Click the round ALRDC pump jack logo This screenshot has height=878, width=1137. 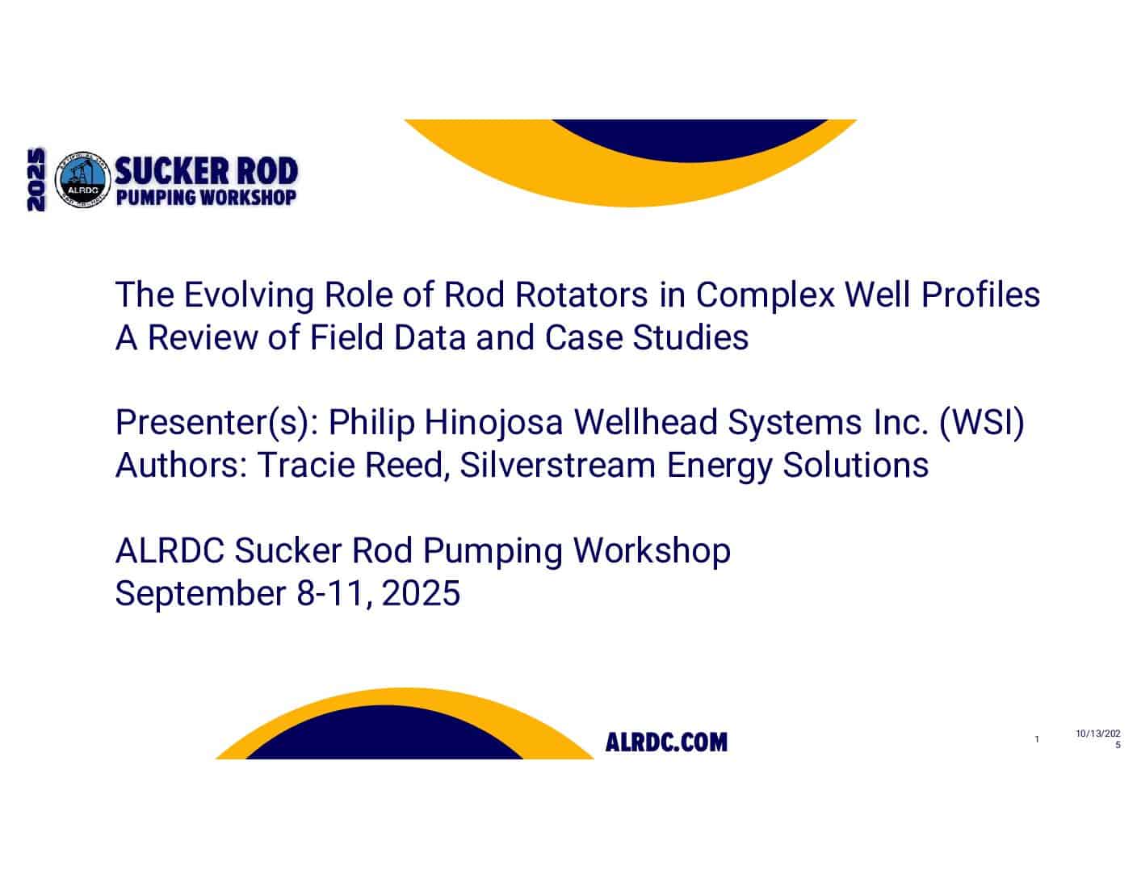[x=82, y=180]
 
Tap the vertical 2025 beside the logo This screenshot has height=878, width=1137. [x=36, y=179]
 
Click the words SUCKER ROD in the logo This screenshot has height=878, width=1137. [x=206, y=170]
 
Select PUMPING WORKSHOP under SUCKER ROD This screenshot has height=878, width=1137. [x=206, y=197]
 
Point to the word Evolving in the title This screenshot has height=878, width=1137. [x=249, y=295]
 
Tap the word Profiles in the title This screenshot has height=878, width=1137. [x=980, y=295]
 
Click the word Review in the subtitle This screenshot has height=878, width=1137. [x=203, y=337]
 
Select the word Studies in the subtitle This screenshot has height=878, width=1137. [x=690, y=337]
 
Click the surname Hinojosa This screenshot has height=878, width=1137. [x=493, y=422]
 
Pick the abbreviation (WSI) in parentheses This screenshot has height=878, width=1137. [x=982, y=422]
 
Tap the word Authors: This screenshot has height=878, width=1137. [x=181, y=465]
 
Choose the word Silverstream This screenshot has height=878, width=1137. [x=558, y=465]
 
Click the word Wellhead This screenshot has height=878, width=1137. [x=645, y=422]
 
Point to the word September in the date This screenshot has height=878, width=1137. [x=200, y=593]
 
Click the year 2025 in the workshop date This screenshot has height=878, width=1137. [x=421, y=593]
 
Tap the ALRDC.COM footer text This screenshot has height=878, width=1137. [x=666, y=742]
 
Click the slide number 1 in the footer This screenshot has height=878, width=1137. [x=1037, y=739]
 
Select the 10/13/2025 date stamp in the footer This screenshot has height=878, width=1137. [x=1098, y=739]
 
